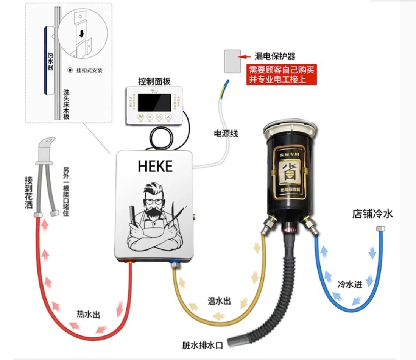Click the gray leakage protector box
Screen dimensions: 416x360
[232, 61]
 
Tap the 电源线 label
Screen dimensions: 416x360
[226, 133]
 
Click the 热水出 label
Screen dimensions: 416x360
[89, 314]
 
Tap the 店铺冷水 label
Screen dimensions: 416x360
[372, 214]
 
